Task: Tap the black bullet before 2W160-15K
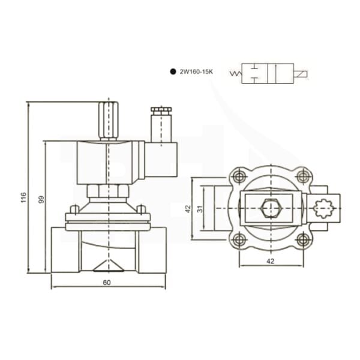[x=172, y=71]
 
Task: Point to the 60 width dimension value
[x=107, y=282]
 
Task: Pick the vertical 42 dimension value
[x=187, y=208]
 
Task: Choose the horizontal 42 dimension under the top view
[x=270, y=261]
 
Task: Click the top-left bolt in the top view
[x=240, y=176]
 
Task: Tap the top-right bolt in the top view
[x=303, y=176]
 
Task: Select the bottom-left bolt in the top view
[x=240, y=240]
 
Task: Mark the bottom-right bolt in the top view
[x=303, y=240]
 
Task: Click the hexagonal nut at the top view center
[x=271, y=209]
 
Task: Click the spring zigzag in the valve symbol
[x=235, y=74]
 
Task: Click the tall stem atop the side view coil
[x=109, y=119]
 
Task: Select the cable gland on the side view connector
[x=160, y=110]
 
